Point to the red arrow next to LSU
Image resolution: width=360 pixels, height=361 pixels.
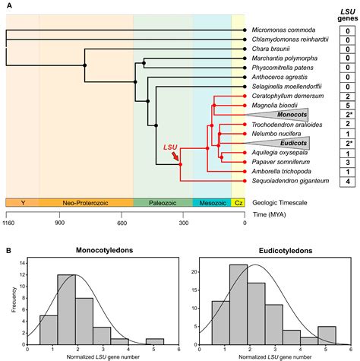pyautogui.click(x=177, y=157)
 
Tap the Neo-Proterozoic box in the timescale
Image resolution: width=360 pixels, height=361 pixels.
pyautogui.click(x=86, y=203)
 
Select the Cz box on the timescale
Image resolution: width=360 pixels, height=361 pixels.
pyautogui.click(x=238, y=203)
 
